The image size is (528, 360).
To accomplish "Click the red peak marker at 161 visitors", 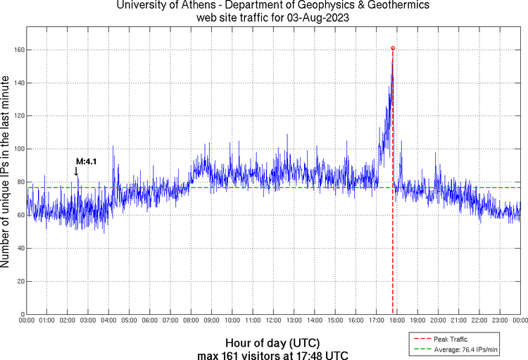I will (x=393, y=48).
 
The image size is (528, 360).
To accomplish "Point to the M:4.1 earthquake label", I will (x=86, y=161).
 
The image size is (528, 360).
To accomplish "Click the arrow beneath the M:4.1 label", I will (x=76, y=171).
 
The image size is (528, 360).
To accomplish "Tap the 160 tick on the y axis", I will (x=17, y=50).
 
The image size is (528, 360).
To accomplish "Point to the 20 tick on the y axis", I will (x=19, y=281).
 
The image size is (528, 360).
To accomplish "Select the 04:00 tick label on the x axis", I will (x=109, y=321).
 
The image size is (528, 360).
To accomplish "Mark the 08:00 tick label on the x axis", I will (x=191, y=321).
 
